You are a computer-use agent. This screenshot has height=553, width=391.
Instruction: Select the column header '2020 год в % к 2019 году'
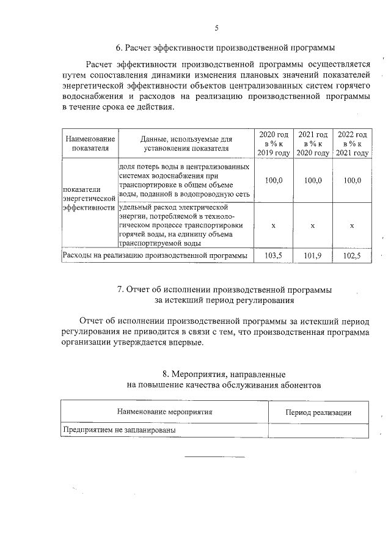pos(272,144)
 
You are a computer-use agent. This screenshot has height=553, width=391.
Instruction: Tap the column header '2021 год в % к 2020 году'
pos(312,144)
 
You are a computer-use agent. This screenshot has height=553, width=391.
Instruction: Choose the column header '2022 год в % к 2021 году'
pos(352,144)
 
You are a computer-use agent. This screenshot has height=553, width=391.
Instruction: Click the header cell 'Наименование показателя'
pos(90,144)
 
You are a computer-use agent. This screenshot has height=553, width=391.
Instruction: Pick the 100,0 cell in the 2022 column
pos(352,180)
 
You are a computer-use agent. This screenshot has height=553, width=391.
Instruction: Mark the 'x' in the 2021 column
pos(312,225)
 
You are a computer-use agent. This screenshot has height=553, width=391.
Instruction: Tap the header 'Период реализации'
pos(318,412)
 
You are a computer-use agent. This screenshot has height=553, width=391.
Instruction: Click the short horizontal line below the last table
pos(214,457)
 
